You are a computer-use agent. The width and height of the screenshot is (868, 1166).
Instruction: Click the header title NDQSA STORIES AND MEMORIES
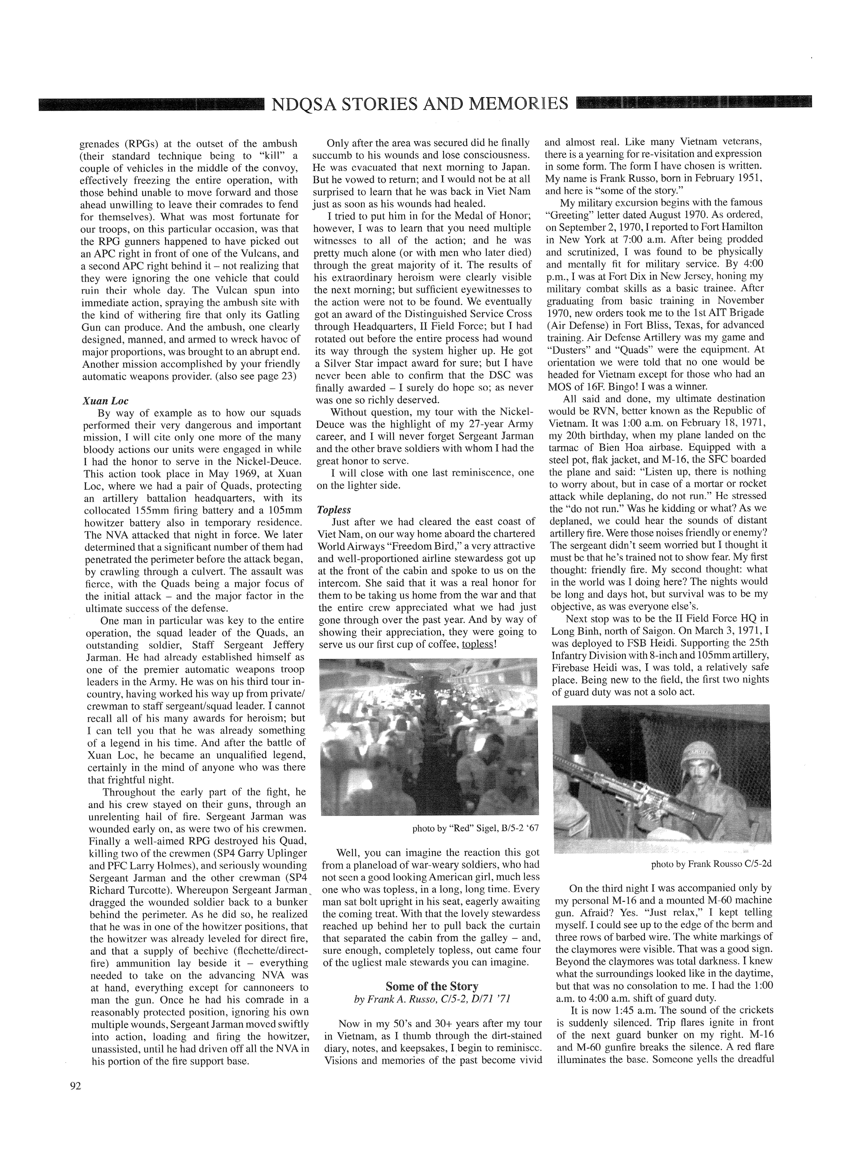click(419, 103)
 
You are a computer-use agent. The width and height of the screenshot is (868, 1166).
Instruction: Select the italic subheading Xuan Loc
click(106, 401)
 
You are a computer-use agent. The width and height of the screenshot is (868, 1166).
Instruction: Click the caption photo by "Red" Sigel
click(475, 829)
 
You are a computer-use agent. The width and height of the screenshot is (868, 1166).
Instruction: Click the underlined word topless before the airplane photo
click(477, 644)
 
